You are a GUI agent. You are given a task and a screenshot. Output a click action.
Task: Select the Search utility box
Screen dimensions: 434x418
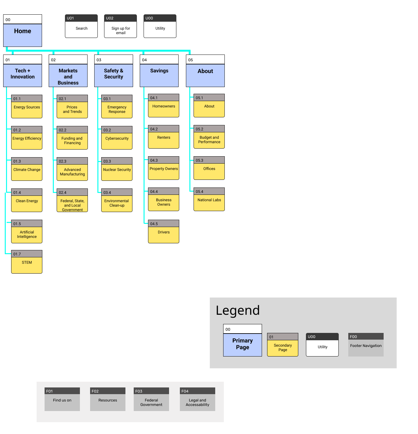[81, 28]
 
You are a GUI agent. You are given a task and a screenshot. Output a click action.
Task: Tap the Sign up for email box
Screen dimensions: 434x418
[121, 30]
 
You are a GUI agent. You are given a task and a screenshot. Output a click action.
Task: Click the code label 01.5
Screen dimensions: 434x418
[17, 224]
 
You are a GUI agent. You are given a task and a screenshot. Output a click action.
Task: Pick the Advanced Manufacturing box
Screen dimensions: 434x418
[72, 172]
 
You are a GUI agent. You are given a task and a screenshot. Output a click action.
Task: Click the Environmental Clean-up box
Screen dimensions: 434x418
[117, 203]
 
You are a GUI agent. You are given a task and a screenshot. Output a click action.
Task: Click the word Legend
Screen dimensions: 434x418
[238, 310]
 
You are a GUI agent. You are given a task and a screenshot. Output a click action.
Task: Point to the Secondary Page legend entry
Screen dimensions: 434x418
[283, 347]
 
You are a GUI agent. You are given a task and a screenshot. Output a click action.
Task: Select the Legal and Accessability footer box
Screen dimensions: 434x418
[197, 402]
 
